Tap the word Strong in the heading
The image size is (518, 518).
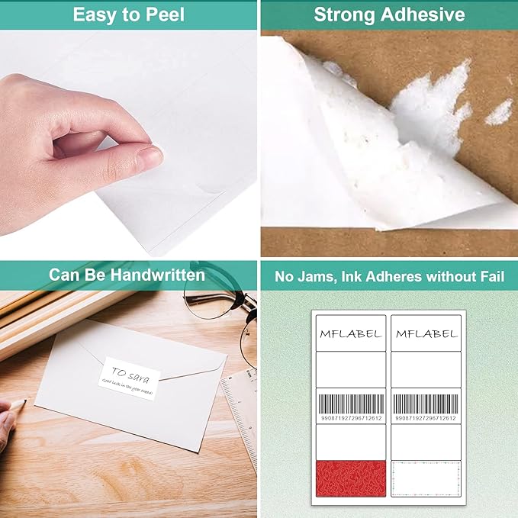tap(344, 14)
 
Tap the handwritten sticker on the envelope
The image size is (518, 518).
tap(129, 378)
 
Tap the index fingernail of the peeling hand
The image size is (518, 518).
tap(150, 157)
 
